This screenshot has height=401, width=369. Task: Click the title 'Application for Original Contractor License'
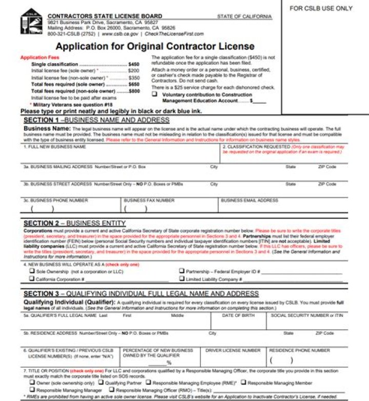point(155,47)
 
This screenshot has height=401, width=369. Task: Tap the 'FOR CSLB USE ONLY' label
point(321,9)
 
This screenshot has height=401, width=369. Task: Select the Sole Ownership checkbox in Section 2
point(32,271)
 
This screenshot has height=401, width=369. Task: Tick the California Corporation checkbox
point(32,279)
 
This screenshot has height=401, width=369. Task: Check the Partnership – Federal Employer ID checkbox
point(182,271)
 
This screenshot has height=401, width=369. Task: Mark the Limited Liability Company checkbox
point(182,279)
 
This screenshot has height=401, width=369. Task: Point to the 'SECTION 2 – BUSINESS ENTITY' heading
point(74,223)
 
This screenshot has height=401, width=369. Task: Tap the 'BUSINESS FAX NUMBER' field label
point(149,200)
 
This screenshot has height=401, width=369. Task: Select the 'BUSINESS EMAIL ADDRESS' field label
point(250,200)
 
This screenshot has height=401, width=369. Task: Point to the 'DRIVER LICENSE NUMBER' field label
point(233,350)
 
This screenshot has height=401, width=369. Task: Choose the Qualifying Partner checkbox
point(101,382)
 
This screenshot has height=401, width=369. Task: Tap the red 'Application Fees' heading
point(40,57)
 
